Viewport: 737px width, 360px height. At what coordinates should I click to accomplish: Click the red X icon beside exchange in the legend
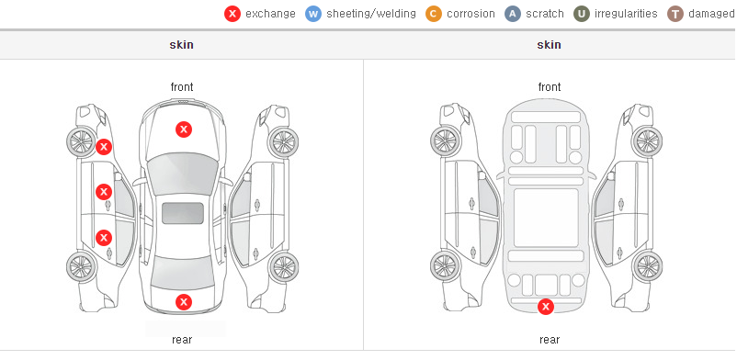(232, 14)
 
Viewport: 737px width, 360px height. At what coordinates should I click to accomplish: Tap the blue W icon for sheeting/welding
(313, 14)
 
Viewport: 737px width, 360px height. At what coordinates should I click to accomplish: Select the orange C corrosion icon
(434, 14)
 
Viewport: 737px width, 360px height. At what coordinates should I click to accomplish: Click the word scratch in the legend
(545, 14)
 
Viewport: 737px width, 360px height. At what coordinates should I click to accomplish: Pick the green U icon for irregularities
(582, 14)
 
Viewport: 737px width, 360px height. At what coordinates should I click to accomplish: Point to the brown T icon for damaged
(675, 14)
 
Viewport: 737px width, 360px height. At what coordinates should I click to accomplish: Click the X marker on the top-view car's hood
(184, 129)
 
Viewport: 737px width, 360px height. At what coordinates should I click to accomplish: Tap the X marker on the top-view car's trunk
(184, 302)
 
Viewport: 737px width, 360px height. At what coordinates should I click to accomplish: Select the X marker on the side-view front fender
(104, 147)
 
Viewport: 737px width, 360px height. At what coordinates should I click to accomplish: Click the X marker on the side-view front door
(104, 192)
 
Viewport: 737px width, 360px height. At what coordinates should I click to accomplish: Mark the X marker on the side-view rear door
(104, 238)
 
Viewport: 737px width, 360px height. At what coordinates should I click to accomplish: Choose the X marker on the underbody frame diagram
(546, 307)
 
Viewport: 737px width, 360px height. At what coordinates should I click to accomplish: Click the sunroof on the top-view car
(183, 213)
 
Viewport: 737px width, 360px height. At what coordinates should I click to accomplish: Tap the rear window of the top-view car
(182, 273)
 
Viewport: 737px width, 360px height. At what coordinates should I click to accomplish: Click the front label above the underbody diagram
(550, 87)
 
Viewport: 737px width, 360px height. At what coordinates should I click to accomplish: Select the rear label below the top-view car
(182, 340)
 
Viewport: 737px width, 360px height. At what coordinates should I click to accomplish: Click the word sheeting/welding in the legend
(371, 14)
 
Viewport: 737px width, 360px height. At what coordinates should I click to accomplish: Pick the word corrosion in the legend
(471, 14)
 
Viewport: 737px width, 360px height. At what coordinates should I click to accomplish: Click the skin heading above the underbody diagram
(549, 45)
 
